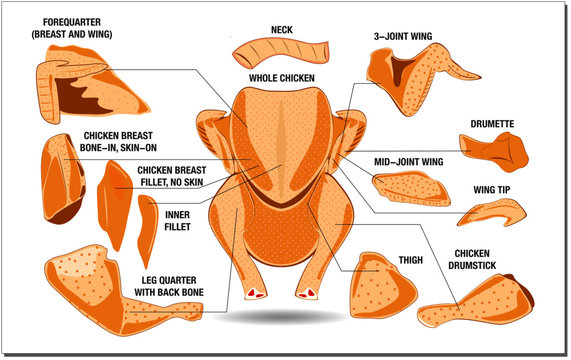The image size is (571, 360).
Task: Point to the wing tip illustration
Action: [x=491, y=212]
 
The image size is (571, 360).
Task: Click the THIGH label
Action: [x=410, y=260]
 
